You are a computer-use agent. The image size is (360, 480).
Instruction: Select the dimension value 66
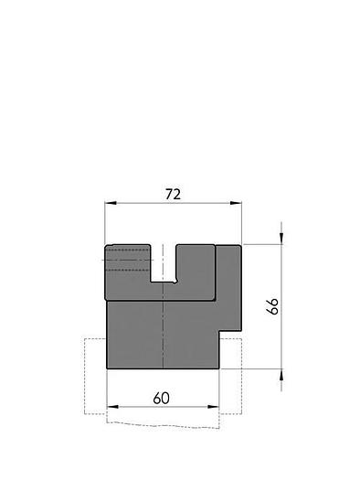point(272,306)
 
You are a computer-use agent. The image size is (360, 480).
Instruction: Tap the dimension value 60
point(162,398)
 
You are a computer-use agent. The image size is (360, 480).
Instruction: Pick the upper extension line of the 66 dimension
point(265,244)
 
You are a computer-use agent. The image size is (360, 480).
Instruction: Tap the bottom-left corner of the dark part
point(108,368)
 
